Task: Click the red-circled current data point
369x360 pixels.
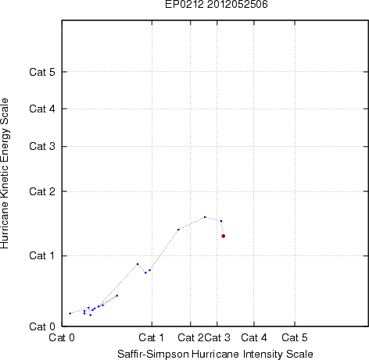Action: [x=224, y=236]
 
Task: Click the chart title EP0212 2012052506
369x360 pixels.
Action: [x=217, y=4]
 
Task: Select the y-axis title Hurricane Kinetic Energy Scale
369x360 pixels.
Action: [x=5, y=173]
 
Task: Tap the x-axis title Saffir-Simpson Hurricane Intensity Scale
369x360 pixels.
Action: [x=215, y=354]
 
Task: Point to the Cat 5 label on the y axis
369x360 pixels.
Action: [x=42, y=72]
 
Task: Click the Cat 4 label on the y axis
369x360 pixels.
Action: [x=42, y=109]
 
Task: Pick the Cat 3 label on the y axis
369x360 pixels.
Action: [x=42, y=146]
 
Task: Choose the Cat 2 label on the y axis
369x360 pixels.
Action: [x=42, y=191]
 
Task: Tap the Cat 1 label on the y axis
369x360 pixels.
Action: [x=42, y=255]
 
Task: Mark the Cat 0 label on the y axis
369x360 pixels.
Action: [x=42, y=326]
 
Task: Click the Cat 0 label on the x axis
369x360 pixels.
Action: [x=62, y=337]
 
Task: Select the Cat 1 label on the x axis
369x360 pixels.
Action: [x=152, y=337]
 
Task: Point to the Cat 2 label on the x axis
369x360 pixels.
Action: [x=191, y=337]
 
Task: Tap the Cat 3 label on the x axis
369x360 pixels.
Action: [x=217, y=337]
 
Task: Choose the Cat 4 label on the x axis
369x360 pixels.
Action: [x=254, y=337]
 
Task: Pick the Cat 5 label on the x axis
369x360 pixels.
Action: [x=295, y=337]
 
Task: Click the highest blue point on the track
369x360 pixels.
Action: [x=205, y=217]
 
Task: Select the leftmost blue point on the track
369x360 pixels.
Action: [x=70, y=313]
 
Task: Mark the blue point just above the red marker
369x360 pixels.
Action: [x=221, y=221]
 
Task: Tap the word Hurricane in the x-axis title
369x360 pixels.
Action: [x=215, y=354]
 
